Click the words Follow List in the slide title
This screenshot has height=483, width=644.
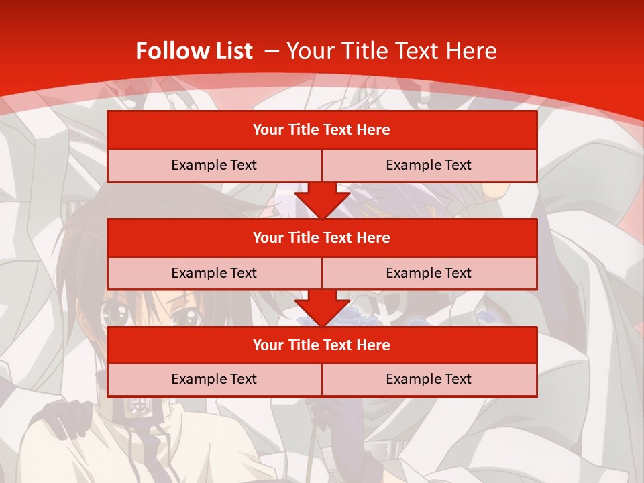click(195, 51)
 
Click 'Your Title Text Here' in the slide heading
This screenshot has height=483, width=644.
click(392, 51)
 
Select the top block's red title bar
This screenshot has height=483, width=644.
click(322, 130)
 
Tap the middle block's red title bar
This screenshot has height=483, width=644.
click(322, 237)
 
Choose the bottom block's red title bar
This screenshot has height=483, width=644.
click(322, 345)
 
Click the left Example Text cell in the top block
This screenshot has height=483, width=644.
click(214, 165)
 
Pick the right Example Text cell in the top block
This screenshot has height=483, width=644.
click(429, 165)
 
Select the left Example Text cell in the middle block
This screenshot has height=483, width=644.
click(214, 273)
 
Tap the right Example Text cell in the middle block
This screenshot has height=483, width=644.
click(429, 273)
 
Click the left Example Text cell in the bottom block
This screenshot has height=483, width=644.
click(214, 379)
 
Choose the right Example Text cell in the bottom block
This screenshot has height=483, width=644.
click(429, 379)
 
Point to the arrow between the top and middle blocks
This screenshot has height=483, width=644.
click(322, 201)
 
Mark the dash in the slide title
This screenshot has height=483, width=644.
click(272, 51)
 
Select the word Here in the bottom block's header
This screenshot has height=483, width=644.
click(374, 345)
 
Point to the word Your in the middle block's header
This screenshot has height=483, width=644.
click(268, 237)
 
